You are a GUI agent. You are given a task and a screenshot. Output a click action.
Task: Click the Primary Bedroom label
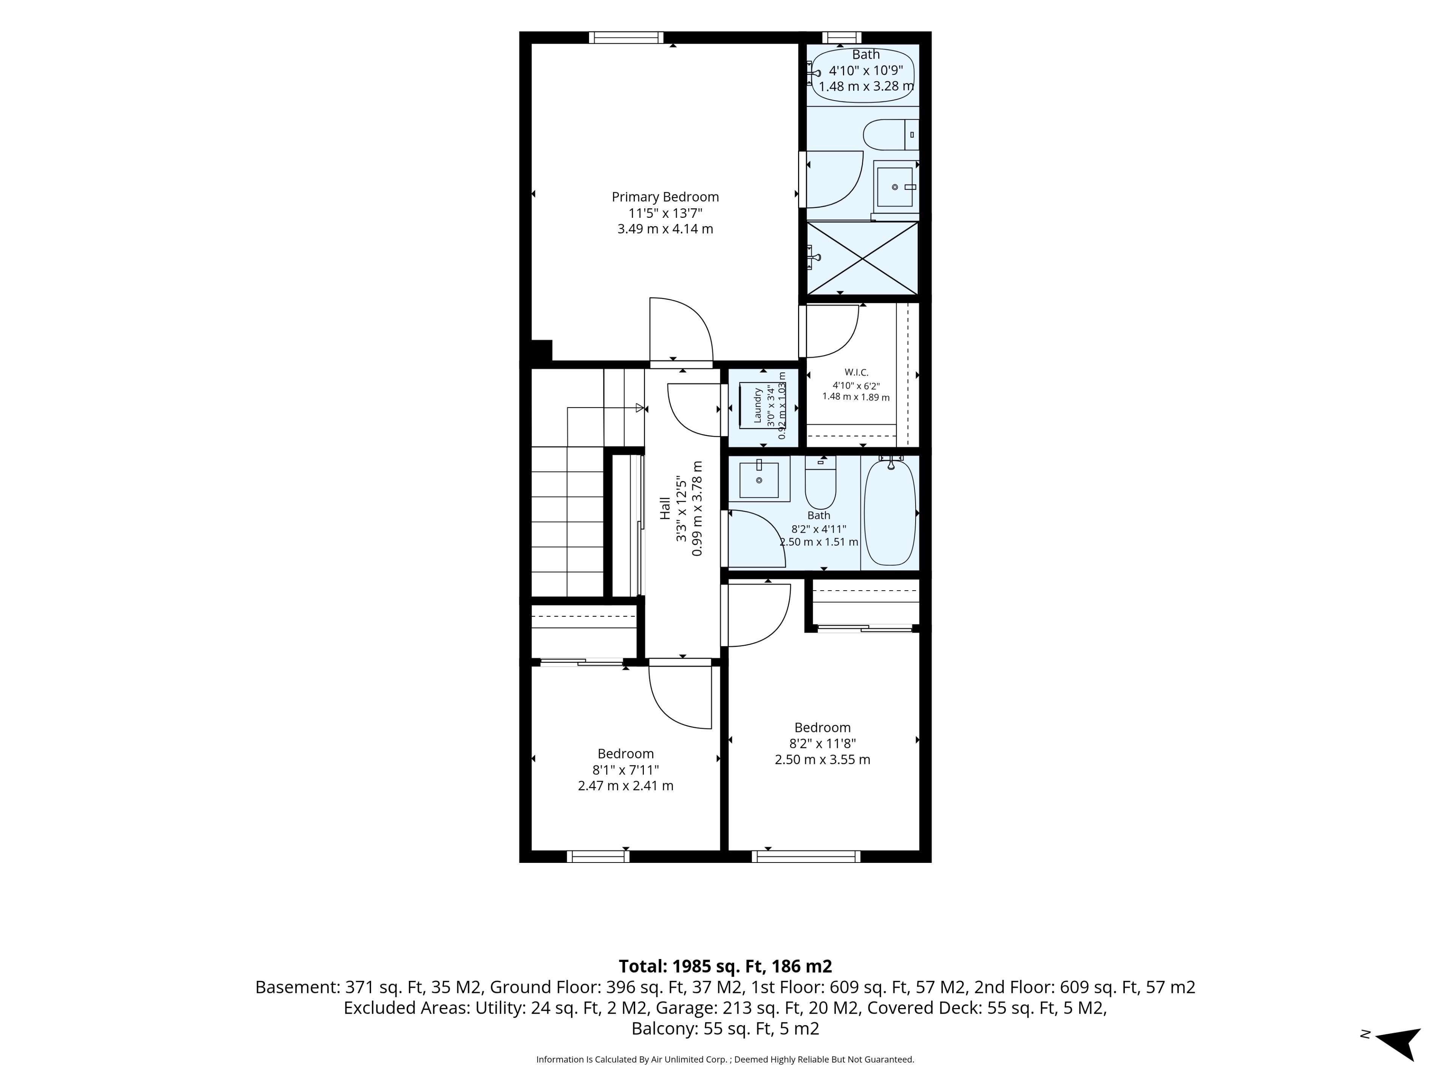coord(665,197)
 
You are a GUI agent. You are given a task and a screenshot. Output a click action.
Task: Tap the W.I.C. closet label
coord(856,372)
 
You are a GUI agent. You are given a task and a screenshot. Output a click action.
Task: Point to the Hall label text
coord(665,508)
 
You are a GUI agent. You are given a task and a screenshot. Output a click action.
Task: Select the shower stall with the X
coord(862,258)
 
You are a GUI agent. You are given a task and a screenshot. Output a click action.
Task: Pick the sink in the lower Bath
coord(759,480)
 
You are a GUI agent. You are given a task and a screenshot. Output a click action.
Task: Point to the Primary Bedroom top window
coord(626,37)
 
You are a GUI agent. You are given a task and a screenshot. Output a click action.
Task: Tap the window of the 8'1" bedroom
coord(598,856)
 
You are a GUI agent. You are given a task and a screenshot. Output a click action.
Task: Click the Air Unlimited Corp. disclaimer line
coord(725,1060)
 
